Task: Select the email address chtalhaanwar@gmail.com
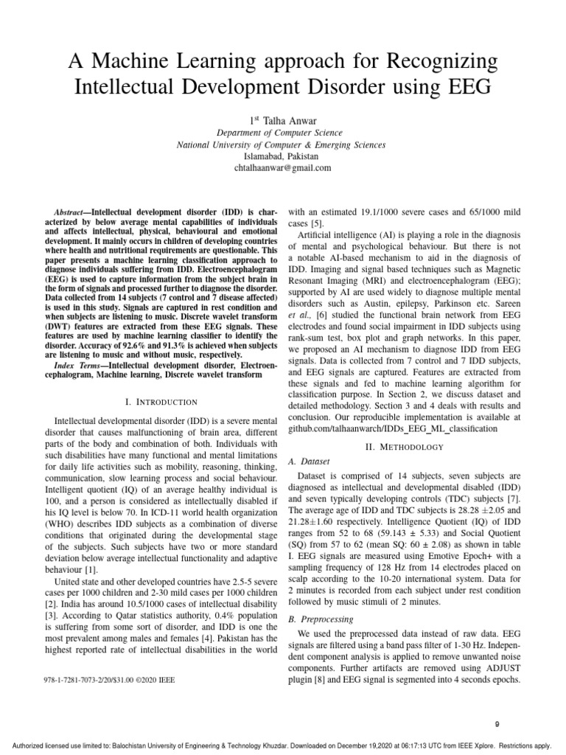tap(282, 167)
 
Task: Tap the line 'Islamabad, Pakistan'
tap(282, 156)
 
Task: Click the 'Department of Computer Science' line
tap(282, 132)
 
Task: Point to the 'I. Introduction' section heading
tap(161, 402)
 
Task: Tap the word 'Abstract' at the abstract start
tap(71, 212)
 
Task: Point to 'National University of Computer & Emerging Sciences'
tap(282, 145)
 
